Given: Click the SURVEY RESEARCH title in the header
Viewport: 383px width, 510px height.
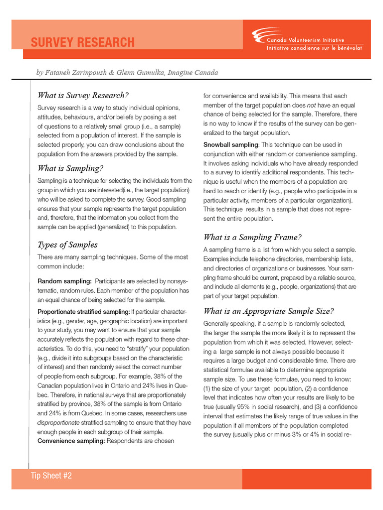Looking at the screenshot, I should [82, 42].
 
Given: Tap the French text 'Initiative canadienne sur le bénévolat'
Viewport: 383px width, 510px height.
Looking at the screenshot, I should [315, 48].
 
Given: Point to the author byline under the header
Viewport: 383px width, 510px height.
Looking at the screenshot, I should [127, 73].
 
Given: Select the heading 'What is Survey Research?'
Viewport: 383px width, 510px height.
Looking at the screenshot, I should [83, 95].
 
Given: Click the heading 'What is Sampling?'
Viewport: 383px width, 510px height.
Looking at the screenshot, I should [70, 168].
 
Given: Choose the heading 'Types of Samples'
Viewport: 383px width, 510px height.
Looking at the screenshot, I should [67, 245].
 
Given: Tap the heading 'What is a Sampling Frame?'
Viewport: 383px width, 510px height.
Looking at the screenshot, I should [252, 237].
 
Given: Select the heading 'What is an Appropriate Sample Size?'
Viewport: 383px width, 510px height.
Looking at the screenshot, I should [268, 311].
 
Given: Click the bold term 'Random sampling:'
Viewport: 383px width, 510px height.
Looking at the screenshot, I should [64, 281].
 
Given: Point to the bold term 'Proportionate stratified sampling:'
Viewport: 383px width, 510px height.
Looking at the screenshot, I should [83, 312].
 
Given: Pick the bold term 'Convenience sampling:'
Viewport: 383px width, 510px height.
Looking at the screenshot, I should [70, 441].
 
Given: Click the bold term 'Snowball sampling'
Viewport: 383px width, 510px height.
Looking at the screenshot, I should [230, 144].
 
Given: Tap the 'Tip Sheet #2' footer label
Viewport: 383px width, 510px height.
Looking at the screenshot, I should [51, 476].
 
